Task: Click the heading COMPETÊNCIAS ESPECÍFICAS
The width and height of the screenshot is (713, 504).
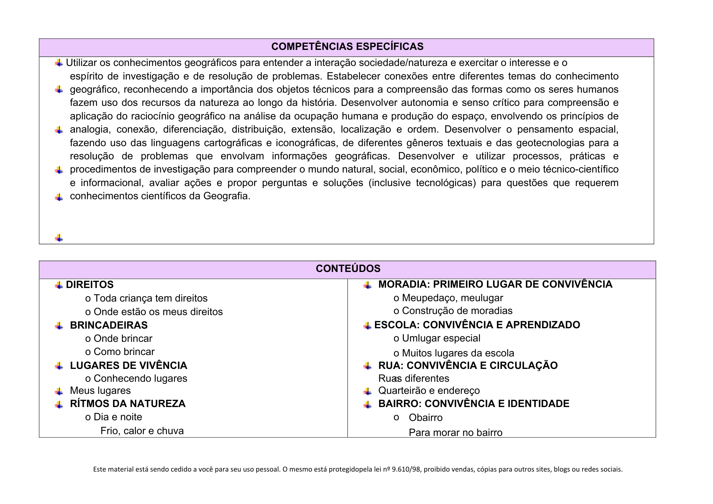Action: [x=347, y=47]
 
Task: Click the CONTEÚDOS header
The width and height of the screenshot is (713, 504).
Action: [x=348, y=269]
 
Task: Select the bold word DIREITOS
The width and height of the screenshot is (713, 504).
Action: [x=90, y=285]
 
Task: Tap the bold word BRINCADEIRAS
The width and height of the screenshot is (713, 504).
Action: [x=109, y=325]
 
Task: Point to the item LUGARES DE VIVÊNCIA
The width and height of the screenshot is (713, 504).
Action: [x=128, y=366]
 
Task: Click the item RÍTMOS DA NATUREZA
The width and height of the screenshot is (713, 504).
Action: [x=128, y=404]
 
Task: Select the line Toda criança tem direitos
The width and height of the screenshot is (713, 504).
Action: [x=150, y=298]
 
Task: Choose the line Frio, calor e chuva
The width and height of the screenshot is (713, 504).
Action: [x=142, y=431]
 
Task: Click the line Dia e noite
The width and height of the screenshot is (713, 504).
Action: [x=118, y=417]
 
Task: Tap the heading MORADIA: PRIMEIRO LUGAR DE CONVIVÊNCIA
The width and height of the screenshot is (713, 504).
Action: [x=495, y=284]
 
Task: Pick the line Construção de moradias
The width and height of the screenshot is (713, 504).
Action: [x=457, y=311]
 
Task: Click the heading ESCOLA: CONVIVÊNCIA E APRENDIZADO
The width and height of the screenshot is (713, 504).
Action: [x=477, y=325]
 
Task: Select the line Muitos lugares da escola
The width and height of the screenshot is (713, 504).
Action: [x=458, y=353]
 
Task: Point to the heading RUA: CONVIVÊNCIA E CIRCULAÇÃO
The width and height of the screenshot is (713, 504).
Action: [x=468, y=366]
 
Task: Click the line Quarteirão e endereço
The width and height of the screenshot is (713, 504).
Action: [x=429, y=391]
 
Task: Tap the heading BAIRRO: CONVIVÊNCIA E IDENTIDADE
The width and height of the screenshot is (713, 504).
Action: [x=474, y=404]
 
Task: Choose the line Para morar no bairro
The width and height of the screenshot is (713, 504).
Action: [x=456, y=433]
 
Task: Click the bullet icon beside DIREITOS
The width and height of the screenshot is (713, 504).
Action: [x=59, y=285]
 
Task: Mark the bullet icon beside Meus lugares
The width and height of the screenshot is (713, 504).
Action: [x=59, y=391]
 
